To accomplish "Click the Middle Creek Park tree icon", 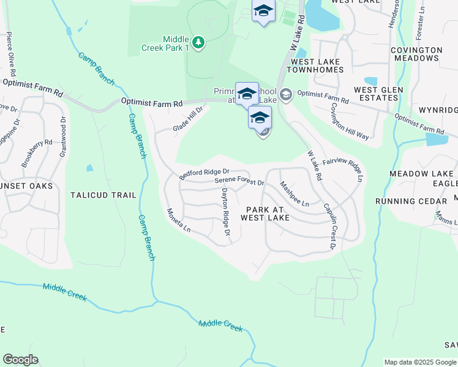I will pyautogui.click(x=198, y=42).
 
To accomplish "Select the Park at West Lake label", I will pyautogui.click(x=265, y=212).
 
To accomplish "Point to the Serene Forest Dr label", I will pyautogui.click(x=239, y=182).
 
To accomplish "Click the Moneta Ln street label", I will pyautogui.click(x=179, y=220).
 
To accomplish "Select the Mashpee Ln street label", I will pyautogui.click(x=294, y=193).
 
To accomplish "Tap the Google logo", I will pyautogui.click(x=20, y=360).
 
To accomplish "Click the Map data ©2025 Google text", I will pyautogui.click(x=420, y=362).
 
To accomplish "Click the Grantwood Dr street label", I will pyautogui.click(x=62, y=136).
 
